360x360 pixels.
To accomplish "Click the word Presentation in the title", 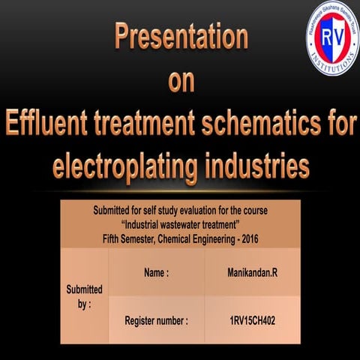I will (180, 37).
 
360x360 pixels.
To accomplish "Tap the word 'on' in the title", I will (180, 81).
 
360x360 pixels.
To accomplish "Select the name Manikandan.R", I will (252, 274).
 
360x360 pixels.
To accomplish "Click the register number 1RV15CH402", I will (252, 320).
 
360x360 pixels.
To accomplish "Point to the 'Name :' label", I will (156, 274).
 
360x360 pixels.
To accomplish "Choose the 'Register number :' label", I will (156, 320).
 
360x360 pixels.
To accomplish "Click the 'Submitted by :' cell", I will (85, 295).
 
